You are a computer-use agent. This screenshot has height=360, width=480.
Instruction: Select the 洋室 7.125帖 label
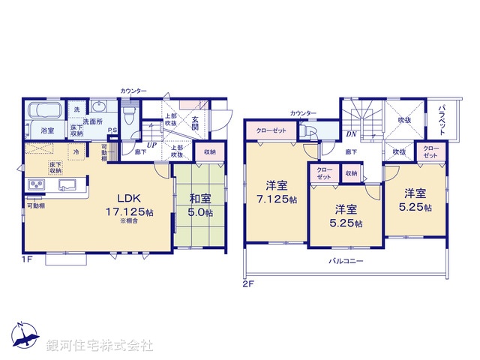(275, 192)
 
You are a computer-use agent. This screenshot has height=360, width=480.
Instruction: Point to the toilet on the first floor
(129, 115)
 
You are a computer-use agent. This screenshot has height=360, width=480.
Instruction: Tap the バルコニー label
(345, 262)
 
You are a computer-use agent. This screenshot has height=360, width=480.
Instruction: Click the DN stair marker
(350, 135)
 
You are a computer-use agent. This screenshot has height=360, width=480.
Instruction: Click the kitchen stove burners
(36, 185)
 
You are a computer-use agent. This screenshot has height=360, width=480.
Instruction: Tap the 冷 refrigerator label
(76, 151)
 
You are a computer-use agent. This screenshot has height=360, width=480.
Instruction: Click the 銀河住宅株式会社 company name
(99, 346)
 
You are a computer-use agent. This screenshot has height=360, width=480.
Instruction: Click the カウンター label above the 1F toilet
(133, 91)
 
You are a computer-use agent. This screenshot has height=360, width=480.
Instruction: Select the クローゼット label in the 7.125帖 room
(271, 130)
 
